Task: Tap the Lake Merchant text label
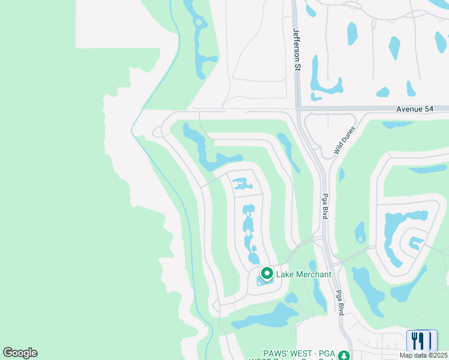click(303, 274)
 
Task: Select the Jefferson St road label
click(296, 49)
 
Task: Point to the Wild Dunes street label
click(345, 141)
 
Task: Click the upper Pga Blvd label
click(324, 206)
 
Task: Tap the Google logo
click(20, 353)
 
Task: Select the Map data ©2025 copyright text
click(423, 355)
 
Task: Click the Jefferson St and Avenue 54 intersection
click(297, 109)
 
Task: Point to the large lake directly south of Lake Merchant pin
click(264, 316)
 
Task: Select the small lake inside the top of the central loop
click(243, 182)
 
